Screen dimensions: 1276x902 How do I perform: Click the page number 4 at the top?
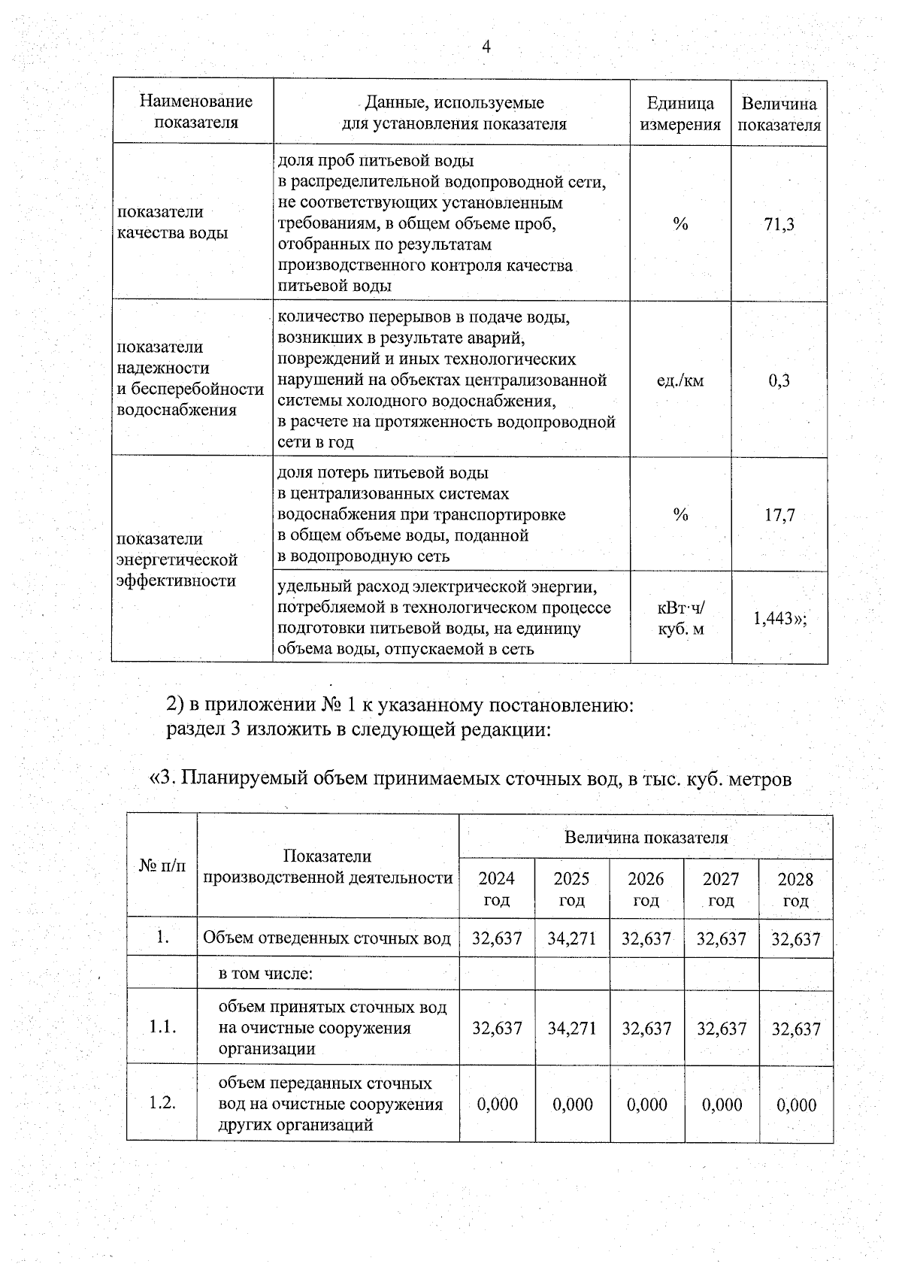pos(486,47)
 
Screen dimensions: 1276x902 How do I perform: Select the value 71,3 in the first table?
pos(779,224)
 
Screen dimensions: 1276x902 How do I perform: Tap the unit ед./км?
pos(680,380)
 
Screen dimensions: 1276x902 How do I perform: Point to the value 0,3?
pos(779,380)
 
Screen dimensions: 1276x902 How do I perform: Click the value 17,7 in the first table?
pos(779,515)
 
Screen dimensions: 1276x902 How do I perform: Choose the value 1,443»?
pos(779,618)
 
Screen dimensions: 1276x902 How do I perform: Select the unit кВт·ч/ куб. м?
pos(680,618)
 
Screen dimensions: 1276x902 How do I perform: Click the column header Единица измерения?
pos(680,114)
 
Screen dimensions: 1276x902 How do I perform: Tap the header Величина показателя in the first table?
pos(779,114)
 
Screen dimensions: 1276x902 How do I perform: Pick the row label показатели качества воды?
pos(172,223)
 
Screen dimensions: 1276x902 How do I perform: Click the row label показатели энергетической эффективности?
pos(177,559)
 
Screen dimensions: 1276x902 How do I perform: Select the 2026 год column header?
pos(646,889)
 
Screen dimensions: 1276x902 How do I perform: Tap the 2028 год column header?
pos(795,890)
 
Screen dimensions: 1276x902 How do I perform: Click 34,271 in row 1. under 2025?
pos(571,938)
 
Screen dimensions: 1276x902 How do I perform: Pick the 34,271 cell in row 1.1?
pos(571,1028)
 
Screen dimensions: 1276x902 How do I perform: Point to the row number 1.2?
pos(162,1103)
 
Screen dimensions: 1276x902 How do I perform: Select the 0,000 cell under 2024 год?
pos(497,1104)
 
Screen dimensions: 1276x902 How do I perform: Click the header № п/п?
pos(162,866)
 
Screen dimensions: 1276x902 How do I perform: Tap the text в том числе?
pos(265,974)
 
